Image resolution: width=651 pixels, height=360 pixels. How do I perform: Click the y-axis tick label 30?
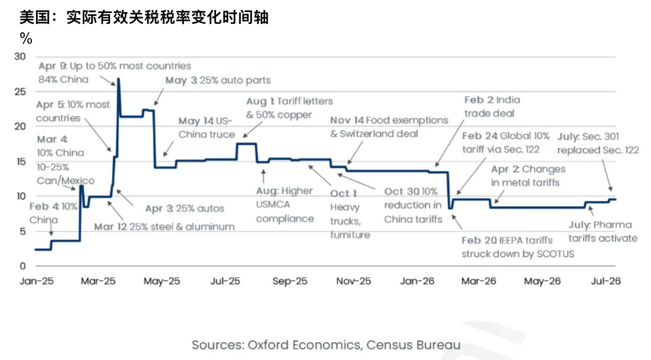(20, 56)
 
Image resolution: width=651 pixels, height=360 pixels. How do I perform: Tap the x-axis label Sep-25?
(290, 281)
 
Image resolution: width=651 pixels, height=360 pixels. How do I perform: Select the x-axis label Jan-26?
(417, 281)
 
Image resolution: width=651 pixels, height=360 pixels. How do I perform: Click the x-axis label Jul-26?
(606, 281)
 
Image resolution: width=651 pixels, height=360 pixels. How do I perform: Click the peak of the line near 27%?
(118, 79)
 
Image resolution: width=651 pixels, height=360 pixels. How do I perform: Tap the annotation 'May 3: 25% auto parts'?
(218, 80)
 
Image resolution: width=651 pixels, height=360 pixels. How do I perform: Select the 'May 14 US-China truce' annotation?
(207, 128)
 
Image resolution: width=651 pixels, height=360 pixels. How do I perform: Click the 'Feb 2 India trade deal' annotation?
(492, 106)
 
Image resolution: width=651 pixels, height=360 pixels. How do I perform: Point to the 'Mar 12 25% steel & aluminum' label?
(164, 226)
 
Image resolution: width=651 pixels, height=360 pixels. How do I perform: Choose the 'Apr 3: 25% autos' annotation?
(184, 208)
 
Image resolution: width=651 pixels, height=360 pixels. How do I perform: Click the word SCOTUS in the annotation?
(555, 254)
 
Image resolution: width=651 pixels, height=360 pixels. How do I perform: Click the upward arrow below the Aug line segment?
(263, 176)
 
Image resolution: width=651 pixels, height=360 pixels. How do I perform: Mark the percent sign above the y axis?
(26, 38)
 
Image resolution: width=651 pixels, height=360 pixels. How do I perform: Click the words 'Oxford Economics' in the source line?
(304, 345)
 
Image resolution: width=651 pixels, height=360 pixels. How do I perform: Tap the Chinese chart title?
(144, 17)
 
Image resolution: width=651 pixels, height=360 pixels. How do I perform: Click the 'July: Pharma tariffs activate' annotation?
(603, 231)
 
